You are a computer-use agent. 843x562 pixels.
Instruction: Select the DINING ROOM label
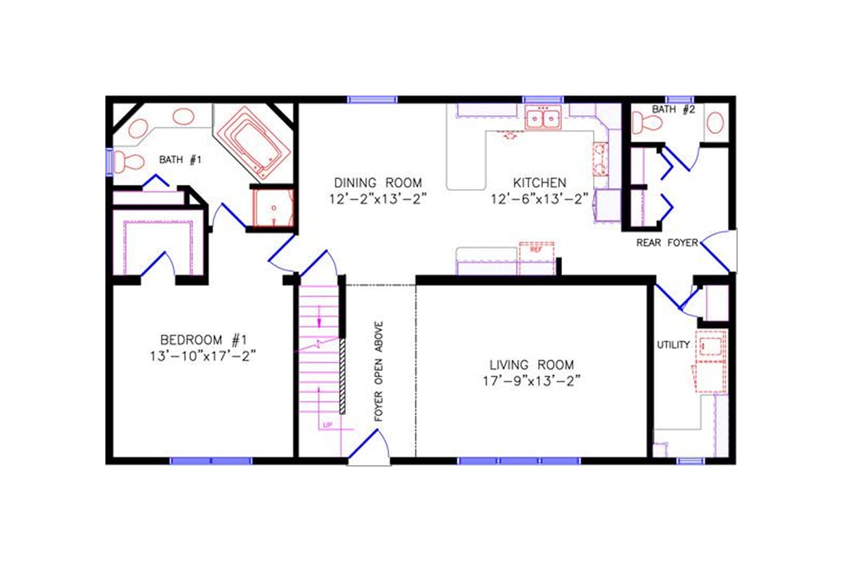pyautogui.click(x=378, y=183)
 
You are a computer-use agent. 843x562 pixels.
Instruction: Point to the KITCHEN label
pyautogui.click(x=539, y=183)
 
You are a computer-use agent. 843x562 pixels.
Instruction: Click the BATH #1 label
pyautogui.click(x=180, y=160)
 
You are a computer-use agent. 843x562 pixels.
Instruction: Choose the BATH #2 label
pyautogui.click(x=673, y=110)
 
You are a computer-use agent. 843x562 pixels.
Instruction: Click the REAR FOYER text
pyautogui.click(x=667, y=243)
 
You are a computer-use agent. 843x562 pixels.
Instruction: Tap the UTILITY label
pyautogui.click(x=673, y=345)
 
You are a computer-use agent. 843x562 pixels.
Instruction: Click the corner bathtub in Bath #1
pyautogui.click(x=252, y=140)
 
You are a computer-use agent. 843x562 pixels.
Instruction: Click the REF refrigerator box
pyautogui.click(x=536, y=249)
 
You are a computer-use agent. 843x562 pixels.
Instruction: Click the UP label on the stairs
pyautogui.click(x=327, y=426)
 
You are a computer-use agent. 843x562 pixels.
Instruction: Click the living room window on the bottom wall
pyautogui.click(x=519, y=461)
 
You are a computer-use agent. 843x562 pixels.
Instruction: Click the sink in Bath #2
pyautogui.click(x=715, y=124)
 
